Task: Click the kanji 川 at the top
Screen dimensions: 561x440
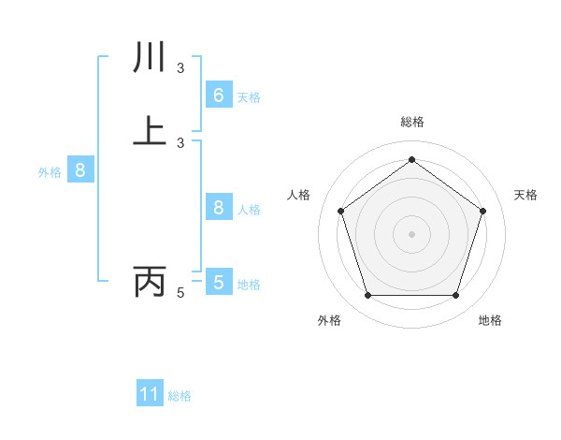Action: [150, 58]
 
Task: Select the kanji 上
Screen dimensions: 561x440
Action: [150, 129]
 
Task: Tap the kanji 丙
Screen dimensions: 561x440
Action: [150, 280]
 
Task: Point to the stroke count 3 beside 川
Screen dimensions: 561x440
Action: [180, 67]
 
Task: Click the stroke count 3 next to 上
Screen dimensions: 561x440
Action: [180, 142]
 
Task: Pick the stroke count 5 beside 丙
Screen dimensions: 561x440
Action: [180, 293]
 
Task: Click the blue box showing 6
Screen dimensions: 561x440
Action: [218, 95]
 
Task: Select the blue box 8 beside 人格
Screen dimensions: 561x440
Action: [218, 208]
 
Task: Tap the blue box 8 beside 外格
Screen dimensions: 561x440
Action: [80, 170]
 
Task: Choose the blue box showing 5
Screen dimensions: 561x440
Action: [218, 282]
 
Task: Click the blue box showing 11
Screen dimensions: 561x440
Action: [150, 394]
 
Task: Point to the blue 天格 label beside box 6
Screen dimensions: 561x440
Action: [249, 97]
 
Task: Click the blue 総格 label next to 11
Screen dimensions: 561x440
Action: [180, 396]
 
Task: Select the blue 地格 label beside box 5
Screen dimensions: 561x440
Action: [249, 285]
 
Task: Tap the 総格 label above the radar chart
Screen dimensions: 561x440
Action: [411, 122]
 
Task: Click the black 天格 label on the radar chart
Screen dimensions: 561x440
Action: [526, 195]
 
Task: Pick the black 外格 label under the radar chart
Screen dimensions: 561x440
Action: [329, 320]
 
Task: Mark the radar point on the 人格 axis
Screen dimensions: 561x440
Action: [340, 212]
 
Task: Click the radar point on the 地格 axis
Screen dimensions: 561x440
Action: [455, 296]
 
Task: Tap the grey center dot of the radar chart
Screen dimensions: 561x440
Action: [411, 234]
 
